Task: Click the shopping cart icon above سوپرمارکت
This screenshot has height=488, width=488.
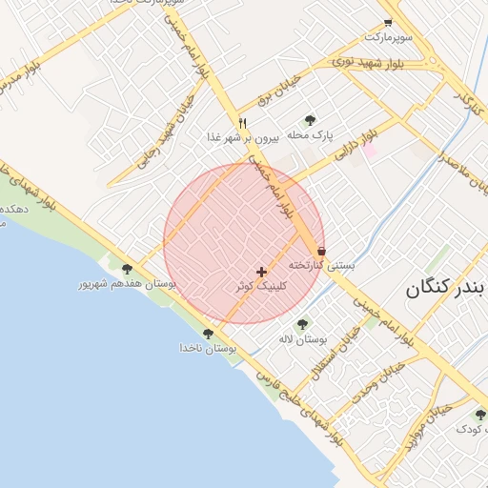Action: click(x=388, y=22)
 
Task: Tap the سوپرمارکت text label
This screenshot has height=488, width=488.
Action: click(x=388, y=37)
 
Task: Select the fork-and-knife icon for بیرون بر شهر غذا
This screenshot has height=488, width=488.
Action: click(x=243, y=123)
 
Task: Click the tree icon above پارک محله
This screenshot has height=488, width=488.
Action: click(x=310, y=121)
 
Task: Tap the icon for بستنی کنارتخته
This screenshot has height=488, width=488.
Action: click(x=322, y=251)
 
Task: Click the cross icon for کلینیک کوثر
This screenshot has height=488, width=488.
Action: click(x=262, y=272)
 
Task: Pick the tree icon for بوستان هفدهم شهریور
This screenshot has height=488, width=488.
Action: click(x=127, y=270)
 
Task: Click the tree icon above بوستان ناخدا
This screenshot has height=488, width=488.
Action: click(x=208, y=334)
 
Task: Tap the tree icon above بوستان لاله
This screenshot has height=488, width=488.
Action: click(x=303, y=324)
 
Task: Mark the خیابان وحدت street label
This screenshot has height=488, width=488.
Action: click(x=361, y=392)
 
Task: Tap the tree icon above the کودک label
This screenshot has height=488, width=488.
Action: click(x=480, y=415)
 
